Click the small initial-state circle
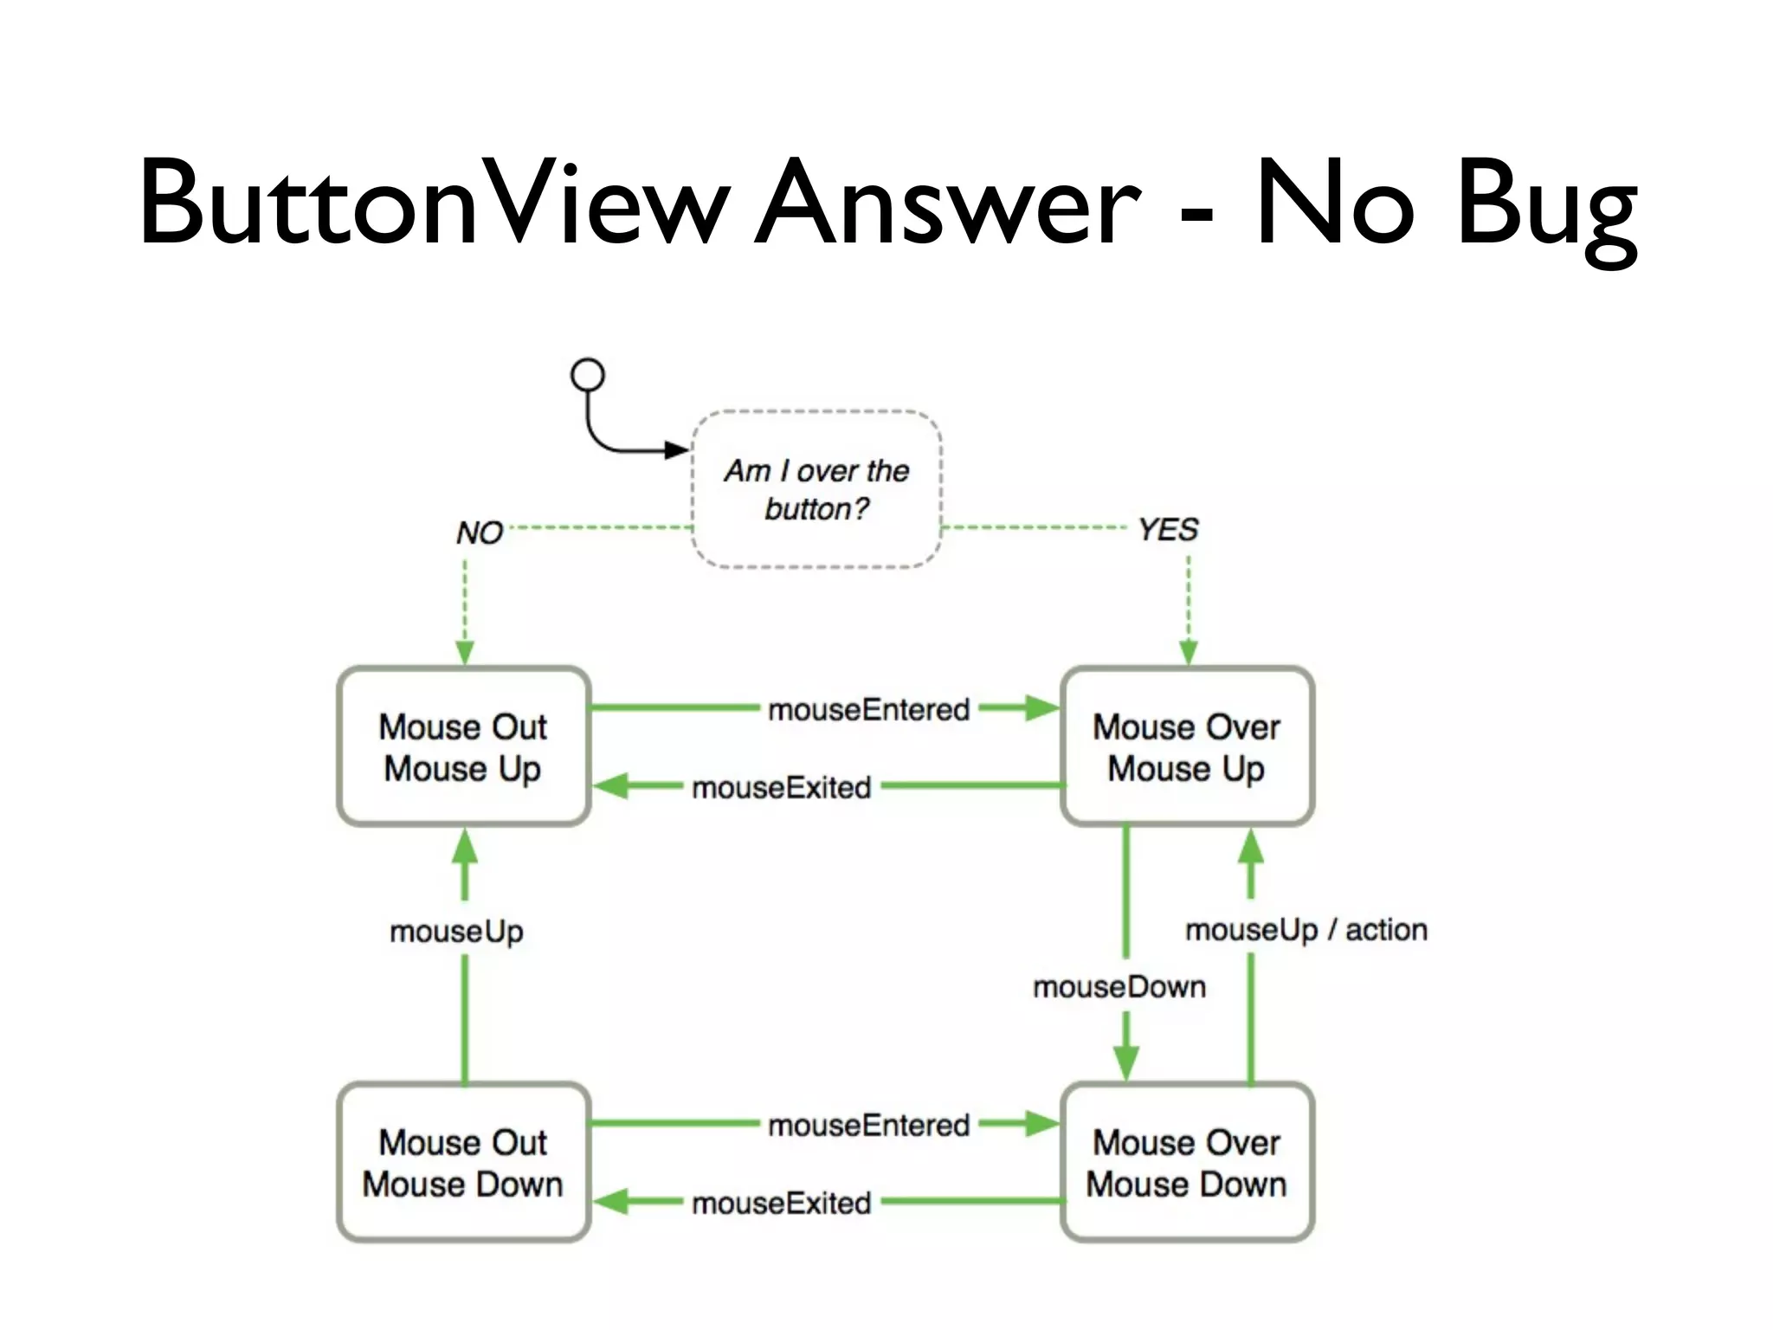coord(588,375)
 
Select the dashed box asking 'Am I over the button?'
coord(816,489)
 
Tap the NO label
coord(480,533)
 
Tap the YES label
coord(1168,529)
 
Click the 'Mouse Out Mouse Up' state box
coord(463,746)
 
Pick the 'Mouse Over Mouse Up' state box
coord(1187,746)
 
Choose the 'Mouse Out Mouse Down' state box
coord(463,1162)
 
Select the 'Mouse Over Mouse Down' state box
coord(1187,1162)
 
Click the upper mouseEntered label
coord(869,710)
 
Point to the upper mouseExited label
coord(781,788)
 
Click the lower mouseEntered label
coord(869,1126)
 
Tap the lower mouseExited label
coord(781,1204)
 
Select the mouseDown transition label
coord(1119,987)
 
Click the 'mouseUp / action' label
coord(1306,930)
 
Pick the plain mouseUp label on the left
coord(456,932)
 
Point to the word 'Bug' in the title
coord(1546,208)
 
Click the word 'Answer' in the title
coord(948,203)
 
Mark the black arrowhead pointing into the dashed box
coord(676,450)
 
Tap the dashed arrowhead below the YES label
coord(1189,652)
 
